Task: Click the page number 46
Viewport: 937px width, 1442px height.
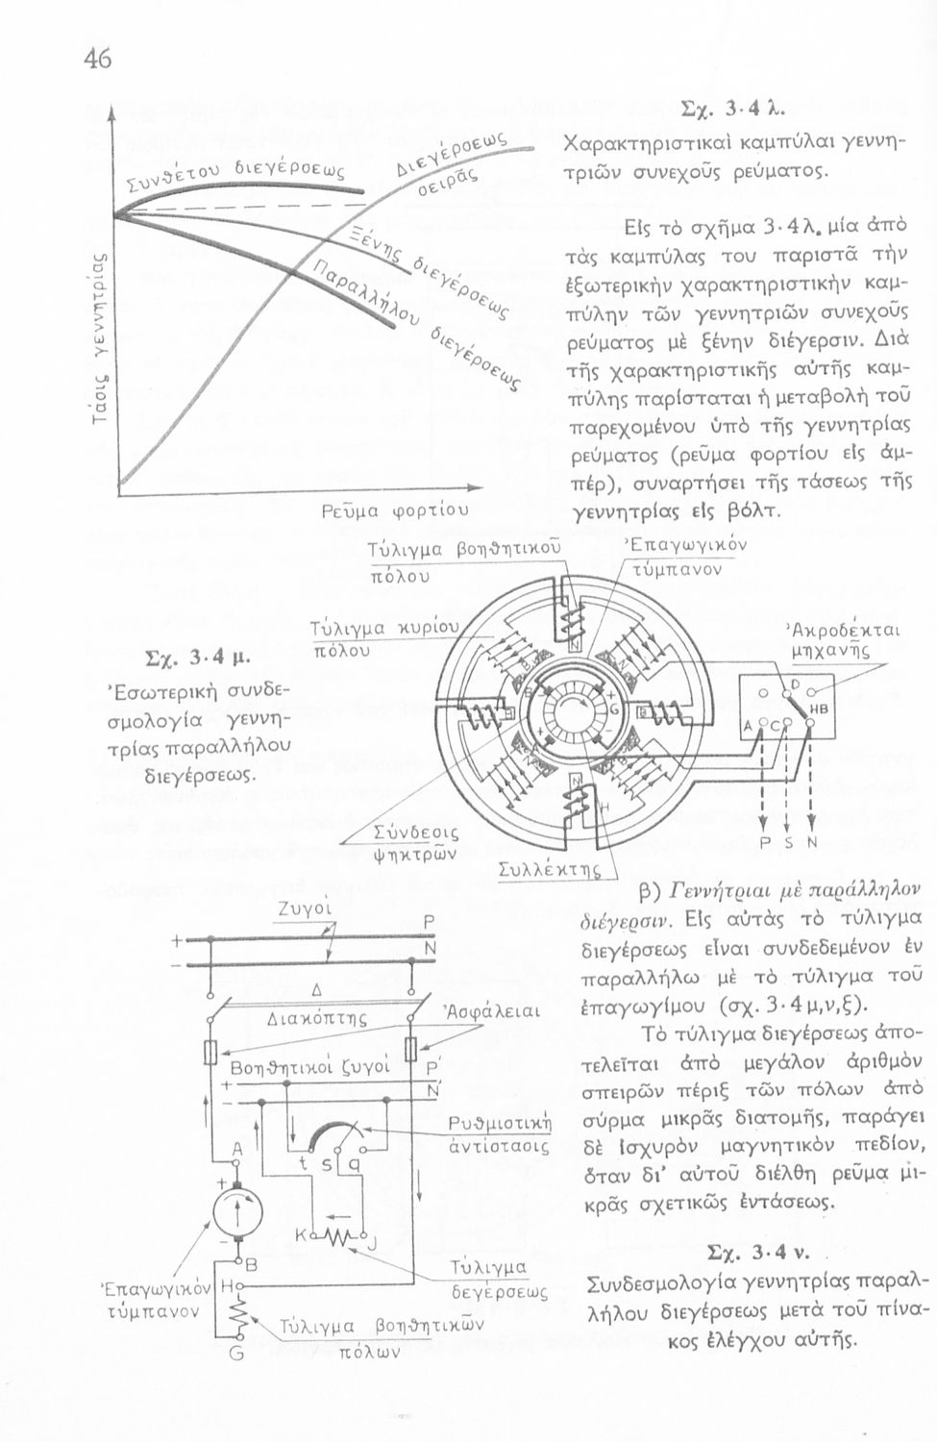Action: [x=97, y=60]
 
